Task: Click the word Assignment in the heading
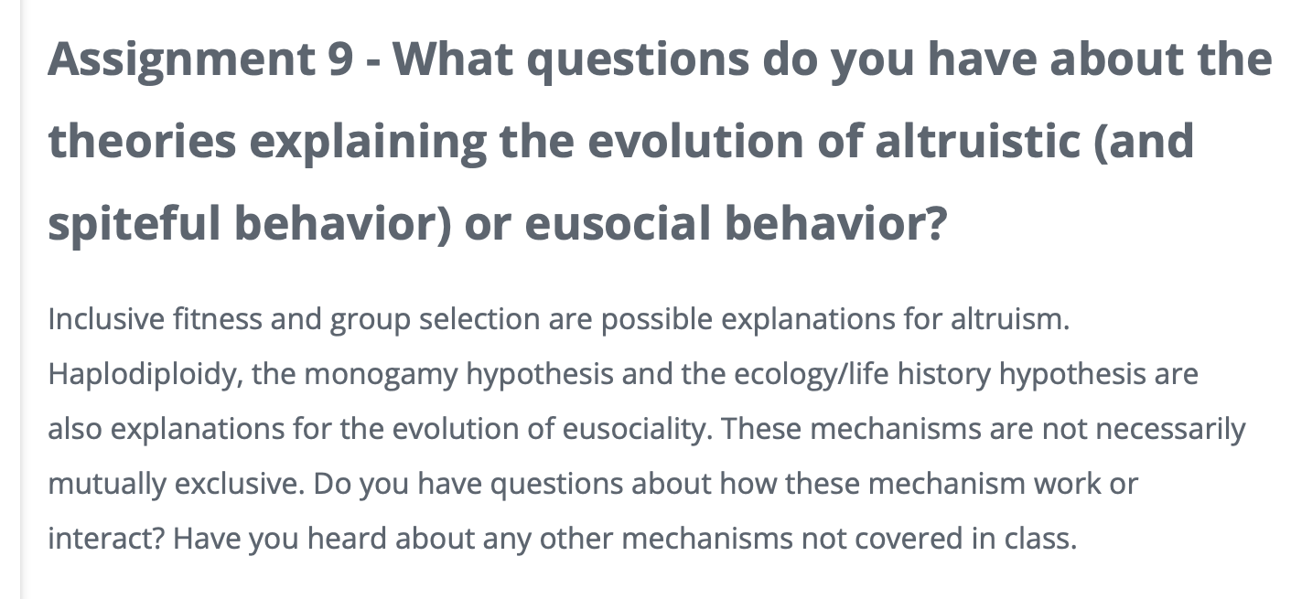pos(178,60)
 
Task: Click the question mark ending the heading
pos(931,223)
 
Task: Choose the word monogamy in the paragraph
pos(393,374)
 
